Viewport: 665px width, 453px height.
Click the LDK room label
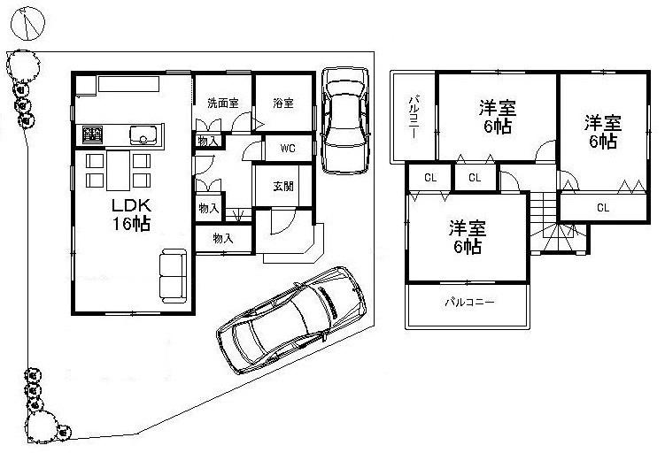coord(129,205)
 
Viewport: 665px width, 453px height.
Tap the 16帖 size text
coord(129,224)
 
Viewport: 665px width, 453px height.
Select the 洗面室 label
coord(222,103)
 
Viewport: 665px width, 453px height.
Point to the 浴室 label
coord(282,103)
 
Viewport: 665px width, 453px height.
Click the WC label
coord(288,148)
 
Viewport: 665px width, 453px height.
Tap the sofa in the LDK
coord(173,276)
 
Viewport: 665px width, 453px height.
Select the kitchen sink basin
coord(143,135)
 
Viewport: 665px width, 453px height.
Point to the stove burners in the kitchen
coord(92,134)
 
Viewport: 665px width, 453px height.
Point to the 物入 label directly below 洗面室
coord(208,141)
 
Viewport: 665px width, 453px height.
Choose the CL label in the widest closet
coord(602,209)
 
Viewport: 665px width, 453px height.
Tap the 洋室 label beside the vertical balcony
coord(498,117)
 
